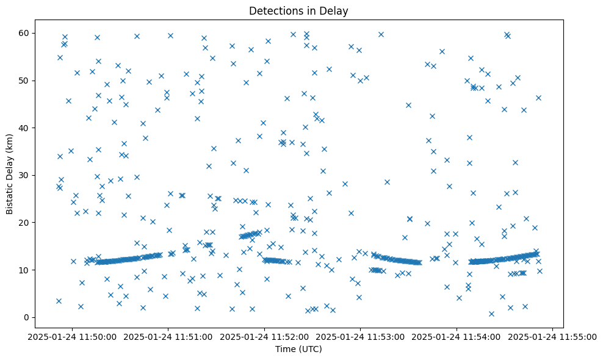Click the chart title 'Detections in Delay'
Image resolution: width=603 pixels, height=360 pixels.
click(x=299, y=10)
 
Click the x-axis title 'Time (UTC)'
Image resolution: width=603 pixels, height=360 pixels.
click(x=299, y=350)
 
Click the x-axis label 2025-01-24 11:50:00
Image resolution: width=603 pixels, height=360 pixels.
click(x=72, y=336)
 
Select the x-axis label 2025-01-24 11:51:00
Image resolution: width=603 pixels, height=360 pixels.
click(x=168, y=336)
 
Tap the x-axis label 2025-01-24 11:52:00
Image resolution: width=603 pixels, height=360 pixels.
click(x=265, y=336)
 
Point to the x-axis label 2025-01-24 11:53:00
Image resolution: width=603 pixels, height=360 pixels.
click(x=361, y=336)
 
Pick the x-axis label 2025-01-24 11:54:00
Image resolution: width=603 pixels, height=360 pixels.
click(x=457, y=336)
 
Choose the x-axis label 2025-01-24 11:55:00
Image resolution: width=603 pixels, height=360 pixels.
click(x=553, y=336)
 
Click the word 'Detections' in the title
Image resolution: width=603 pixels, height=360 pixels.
click(x=275, y=10)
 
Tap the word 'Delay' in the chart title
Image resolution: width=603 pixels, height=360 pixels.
click(x=336, y=10)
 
